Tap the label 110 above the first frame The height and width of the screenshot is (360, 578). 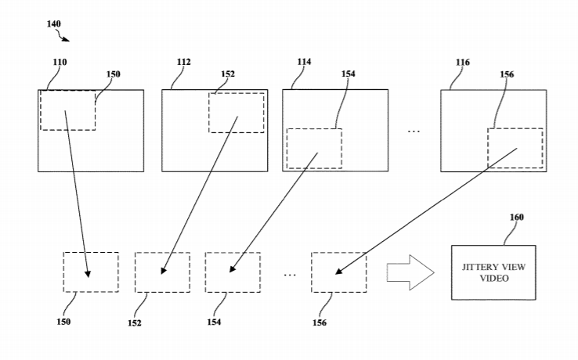point(60,62)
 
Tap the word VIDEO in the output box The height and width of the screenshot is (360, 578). point(493,277)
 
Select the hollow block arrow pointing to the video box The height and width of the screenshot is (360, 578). point(409,272)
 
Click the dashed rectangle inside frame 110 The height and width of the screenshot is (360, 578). point(67,110)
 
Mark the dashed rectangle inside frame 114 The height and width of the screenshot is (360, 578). point(314,148)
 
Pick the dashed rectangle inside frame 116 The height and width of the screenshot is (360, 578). point(515,148)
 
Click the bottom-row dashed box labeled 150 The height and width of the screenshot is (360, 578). point(91,272)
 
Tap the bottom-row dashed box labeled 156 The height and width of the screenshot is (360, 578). point(339,272)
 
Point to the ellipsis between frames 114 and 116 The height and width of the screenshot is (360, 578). point(414,131)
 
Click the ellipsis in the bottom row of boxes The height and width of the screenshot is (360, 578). point(290,275)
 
